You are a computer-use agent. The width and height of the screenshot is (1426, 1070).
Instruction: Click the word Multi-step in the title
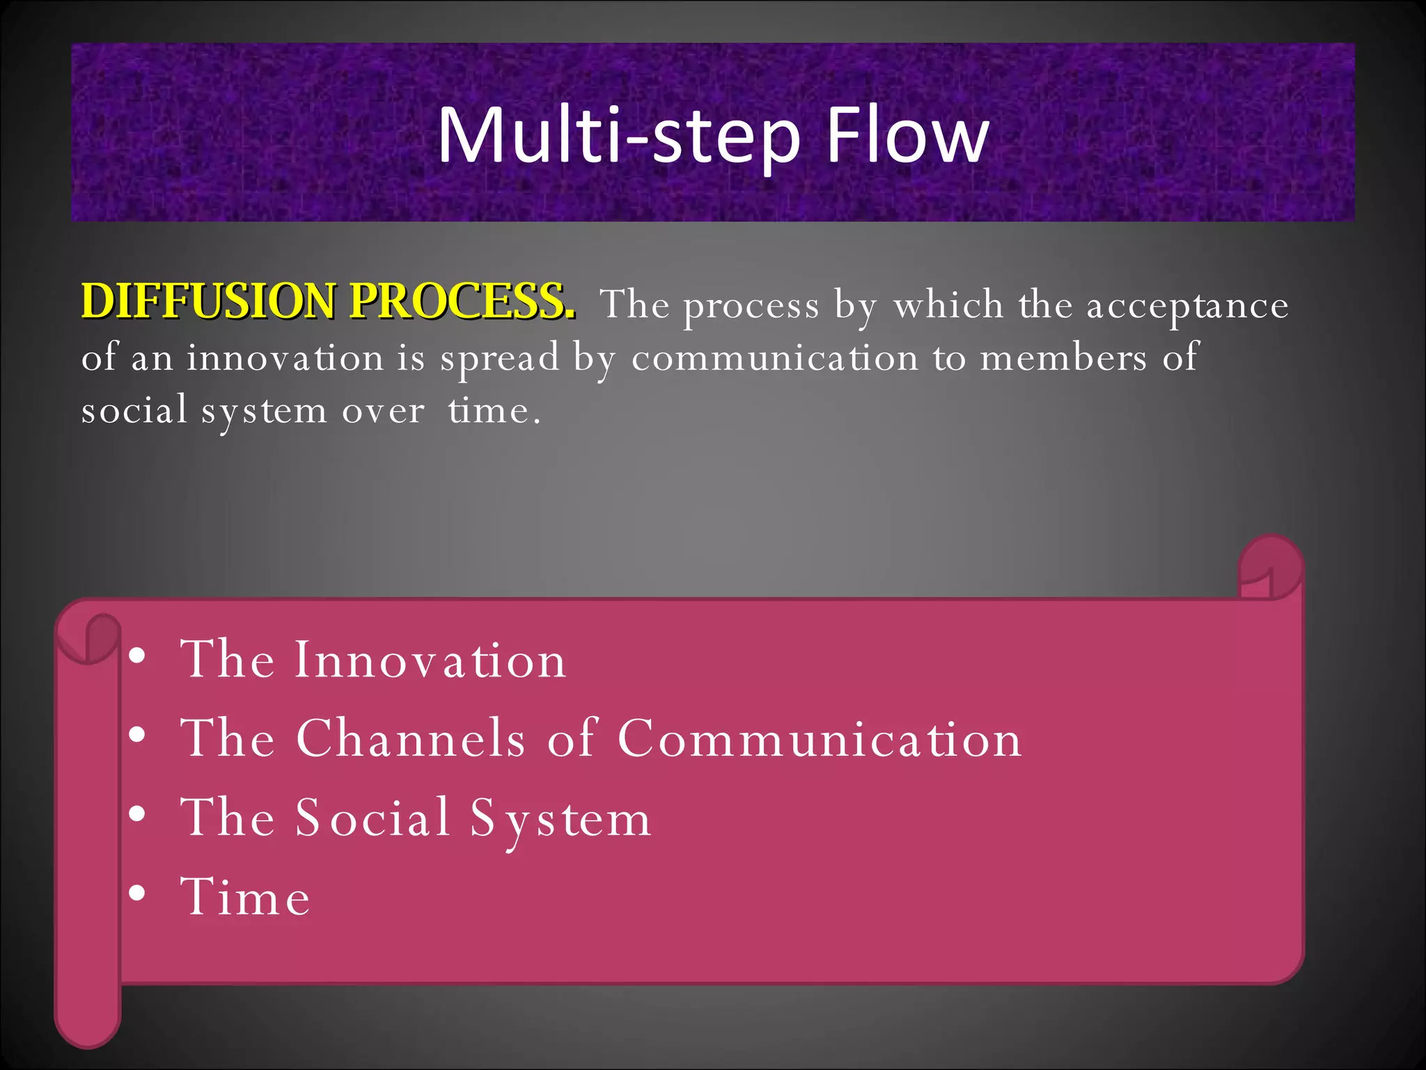click(618, 136)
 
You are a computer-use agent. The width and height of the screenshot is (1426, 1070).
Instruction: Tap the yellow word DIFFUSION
click(209, 302)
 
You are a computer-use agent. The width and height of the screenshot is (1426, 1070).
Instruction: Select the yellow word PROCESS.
click(462, 302)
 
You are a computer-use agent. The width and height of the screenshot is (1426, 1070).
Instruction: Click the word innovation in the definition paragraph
click(285, 358)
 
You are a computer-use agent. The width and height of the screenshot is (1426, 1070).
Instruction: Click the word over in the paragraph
click(383, 411)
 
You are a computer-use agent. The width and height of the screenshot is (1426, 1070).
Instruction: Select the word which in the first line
click(948, 305)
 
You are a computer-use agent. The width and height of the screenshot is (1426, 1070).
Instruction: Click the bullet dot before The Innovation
click(138, 656)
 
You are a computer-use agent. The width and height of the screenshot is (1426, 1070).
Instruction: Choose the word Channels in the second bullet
click(410, 738)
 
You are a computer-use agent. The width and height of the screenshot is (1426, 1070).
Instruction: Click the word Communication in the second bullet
click(820, 739)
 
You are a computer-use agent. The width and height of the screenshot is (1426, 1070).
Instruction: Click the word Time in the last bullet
click(245, 897)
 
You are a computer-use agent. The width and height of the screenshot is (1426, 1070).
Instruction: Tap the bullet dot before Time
click(138, 893)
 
